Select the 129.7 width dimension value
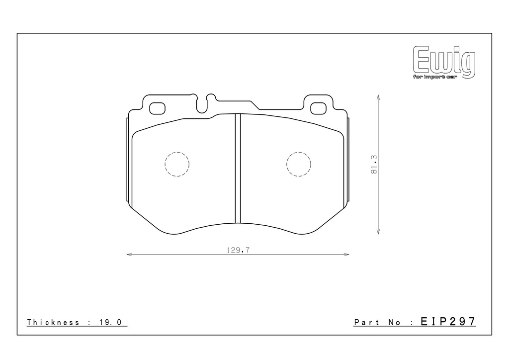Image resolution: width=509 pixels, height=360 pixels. point(238,250)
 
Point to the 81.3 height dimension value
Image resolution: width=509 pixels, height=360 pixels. point(374,164)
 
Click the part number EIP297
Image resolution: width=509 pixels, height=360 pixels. point(448,321)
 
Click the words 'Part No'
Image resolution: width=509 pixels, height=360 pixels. point(377,322)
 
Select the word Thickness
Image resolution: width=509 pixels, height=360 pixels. point(53,322)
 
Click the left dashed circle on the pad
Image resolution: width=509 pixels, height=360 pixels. point(177,152)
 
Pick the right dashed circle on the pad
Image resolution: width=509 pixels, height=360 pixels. point(299,152)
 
